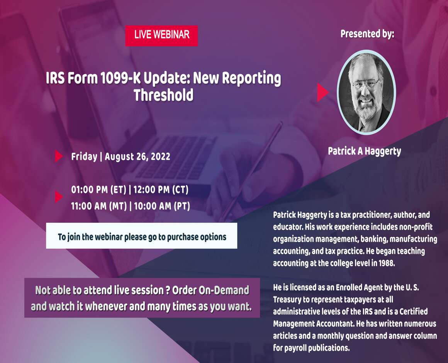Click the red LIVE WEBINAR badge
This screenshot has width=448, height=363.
[161, 36]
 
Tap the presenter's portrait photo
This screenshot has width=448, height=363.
[366, 92]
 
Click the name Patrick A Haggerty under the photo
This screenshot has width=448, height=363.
[364, 151]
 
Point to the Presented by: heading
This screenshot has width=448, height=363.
[367, 34]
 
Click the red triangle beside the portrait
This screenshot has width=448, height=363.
[322, 92]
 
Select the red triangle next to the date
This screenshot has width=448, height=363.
[59, 156]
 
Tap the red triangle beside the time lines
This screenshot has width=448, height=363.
[59, 197]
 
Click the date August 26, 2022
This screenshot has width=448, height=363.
[137, 156]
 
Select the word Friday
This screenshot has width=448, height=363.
[84, 156]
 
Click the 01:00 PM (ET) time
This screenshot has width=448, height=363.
[98, 190]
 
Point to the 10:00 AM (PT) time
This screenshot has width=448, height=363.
[162, 206]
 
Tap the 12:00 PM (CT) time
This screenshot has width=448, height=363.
[161, 190]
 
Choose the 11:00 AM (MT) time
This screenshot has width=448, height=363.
[99, 206]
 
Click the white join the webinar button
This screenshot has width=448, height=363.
[142, 236]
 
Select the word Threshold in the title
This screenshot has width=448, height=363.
[163, 95]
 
